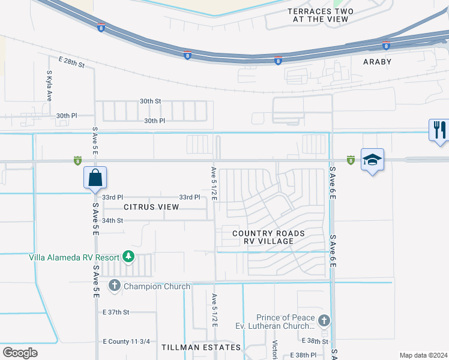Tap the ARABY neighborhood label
[377, 62]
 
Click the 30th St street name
[151, 101]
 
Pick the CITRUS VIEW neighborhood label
[151, 207]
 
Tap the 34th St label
[112, 220]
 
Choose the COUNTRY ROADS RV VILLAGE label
[268, 237]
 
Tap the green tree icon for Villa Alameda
[128, 257]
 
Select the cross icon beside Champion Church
[115, 286]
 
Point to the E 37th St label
[116, 312]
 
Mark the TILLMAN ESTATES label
[201, 347]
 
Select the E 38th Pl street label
[303, 355]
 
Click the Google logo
[20, 352]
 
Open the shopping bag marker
[95, 178]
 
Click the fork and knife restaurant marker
[439, 130]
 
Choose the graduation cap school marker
[372, 160]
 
